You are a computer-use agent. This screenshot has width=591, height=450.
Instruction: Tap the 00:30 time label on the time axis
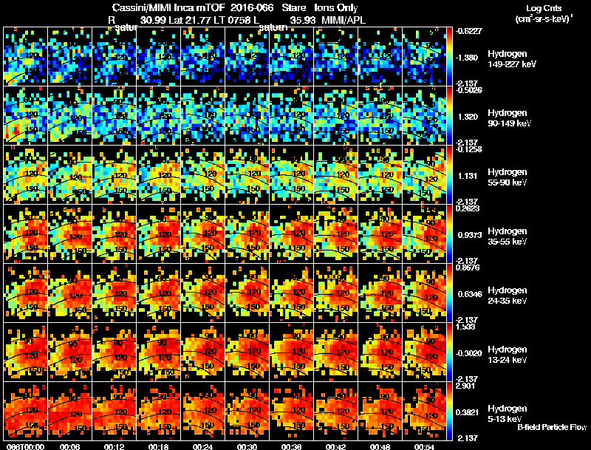248,446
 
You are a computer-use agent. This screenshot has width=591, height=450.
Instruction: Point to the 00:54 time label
426,446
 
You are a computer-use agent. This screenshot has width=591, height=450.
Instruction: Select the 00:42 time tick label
337,446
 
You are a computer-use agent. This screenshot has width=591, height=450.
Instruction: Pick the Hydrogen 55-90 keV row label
508,177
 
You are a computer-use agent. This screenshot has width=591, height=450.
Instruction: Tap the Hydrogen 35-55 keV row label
508,236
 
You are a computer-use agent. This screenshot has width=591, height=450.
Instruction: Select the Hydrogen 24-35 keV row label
508,296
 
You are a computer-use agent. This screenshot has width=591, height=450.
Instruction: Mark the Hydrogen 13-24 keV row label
508,355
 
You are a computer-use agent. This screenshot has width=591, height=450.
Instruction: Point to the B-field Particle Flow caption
552,427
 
